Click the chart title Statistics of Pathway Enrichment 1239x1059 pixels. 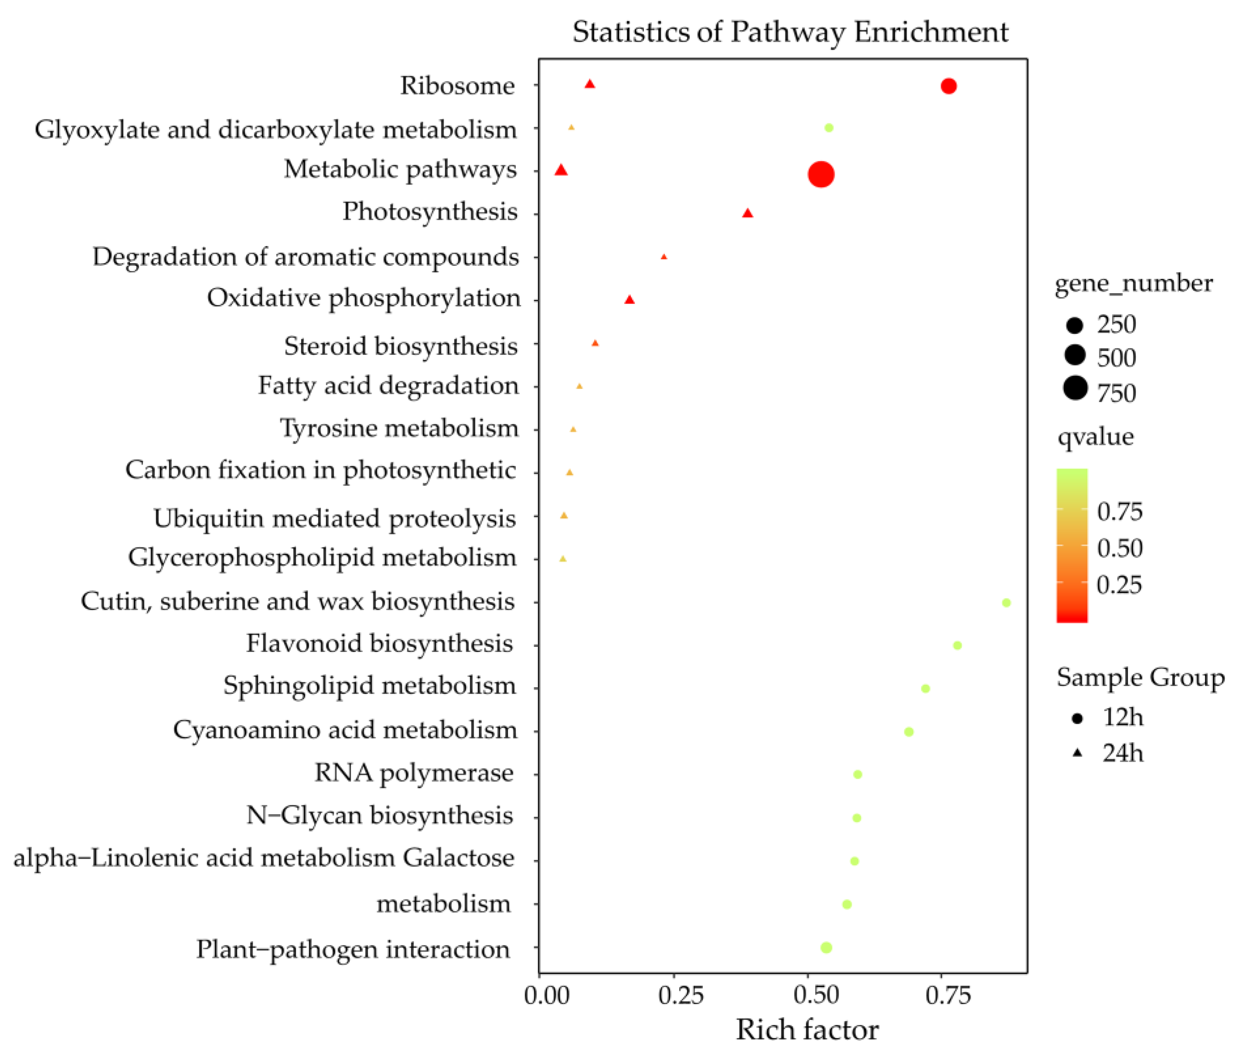tap(790, 32)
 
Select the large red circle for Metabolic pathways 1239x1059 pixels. tap(821, 174)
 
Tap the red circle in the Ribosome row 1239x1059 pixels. tap(948, 86)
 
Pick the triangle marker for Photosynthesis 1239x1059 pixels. tap(748, 213)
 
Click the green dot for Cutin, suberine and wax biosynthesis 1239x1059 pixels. tap(1006, 602)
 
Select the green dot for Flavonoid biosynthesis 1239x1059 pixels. tap(958, 645)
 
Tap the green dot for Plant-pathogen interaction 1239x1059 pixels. tap(826, 947)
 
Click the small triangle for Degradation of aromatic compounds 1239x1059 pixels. tap(664, 257)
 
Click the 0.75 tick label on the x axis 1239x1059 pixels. tap(948, 995)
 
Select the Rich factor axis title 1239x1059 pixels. tap(807, 1030)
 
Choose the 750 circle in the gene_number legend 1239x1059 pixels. tap(1075, 388)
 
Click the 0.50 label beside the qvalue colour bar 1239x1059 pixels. tap(1119, 548)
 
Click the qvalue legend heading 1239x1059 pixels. tap(1096, 437)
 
